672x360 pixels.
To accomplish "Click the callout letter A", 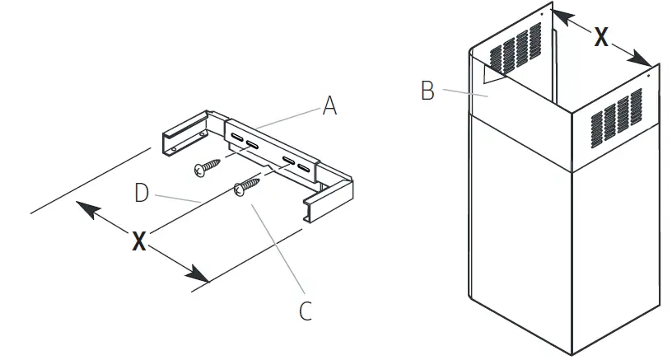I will click(329, 105).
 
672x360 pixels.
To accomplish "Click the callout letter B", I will click(427, 90).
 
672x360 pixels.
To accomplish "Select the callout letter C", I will click(304, 311).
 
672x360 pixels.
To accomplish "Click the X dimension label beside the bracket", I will click(140, 241).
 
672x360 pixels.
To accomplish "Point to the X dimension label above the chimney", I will click(602, 37).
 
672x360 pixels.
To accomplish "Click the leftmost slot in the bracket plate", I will click(236, 135).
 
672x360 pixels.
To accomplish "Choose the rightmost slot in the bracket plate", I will click(306, 171).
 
